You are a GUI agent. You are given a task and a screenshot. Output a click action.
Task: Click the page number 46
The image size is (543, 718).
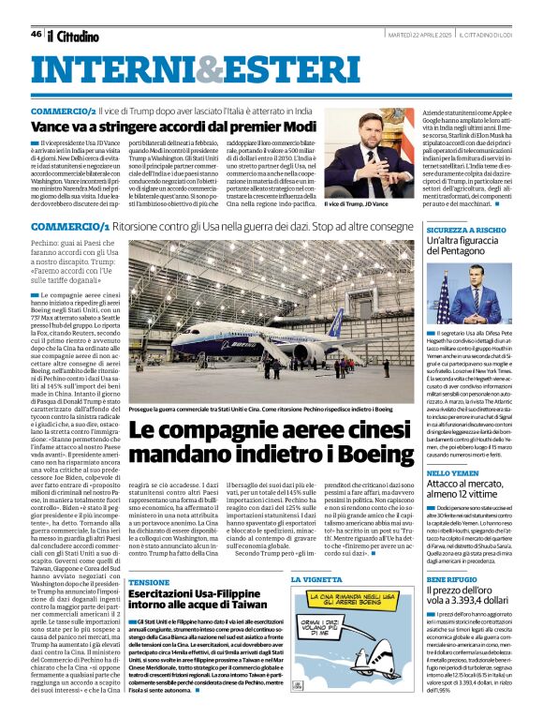tap(36, 35)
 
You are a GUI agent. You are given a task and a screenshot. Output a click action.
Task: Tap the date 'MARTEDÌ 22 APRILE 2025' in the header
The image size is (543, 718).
tap(420, 37)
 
